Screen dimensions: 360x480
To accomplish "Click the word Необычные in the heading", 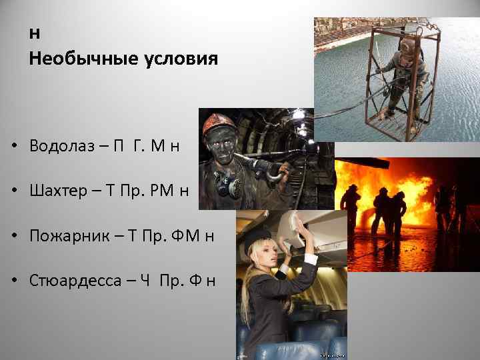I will (x=74, y=59).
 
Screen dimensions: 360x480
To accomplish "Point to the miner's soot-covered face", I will (x=222, y=143).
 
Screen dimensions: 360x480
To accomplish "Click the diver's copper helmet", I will (x=407, y=46).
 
